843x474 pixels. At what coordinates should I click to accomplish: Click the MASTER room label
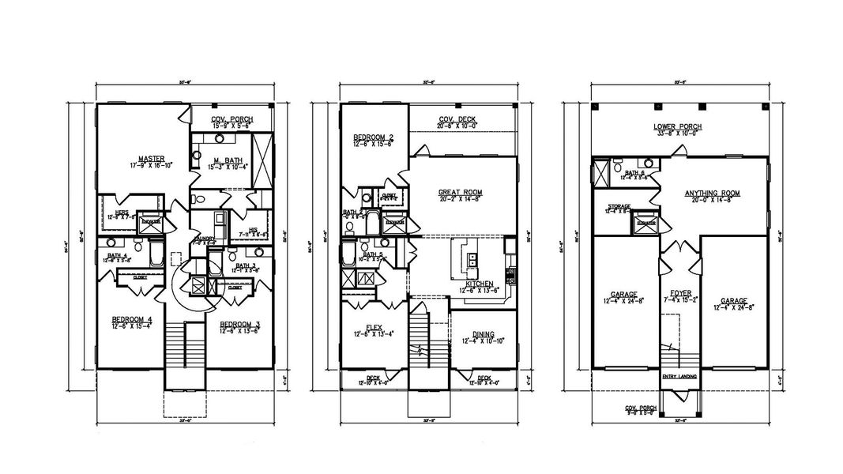(145, 158)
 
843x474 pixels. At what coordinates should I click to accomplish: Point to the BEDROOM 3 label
(239, 325)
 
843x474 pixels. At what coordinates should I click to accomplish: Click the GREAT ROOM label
(461, 192)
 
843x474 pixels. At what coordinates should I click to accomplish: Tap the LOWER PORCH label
(678, 126)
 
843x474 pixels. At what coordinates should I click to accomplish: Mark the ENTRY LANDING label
(679, 376)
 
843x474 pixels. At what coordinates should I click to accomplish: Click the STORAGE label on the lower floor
(619, 206)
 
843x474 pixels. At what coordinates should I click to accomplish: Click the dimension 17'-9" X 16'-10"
(145, 165)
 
